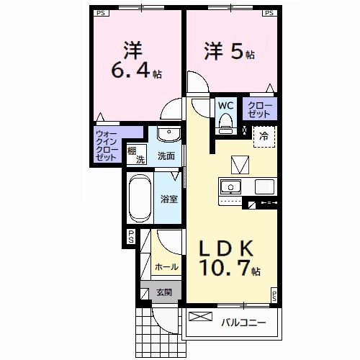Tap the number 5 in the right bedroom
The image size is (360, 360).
click(235, 53)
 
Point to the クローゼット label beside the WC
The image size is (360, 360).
click(261, 111)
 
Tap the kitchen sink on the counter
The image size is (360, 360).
click(233, 187)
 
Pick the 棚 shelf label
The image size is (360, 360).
click(132, 152)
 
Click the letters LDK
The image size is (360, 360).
click(225, 248)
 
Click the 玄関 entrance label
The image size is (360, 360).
click(163, 292)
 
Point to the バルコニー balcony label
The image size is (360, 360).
click(243, 322)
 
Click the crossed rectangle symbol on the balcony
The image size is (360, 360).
click(201, 316)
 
